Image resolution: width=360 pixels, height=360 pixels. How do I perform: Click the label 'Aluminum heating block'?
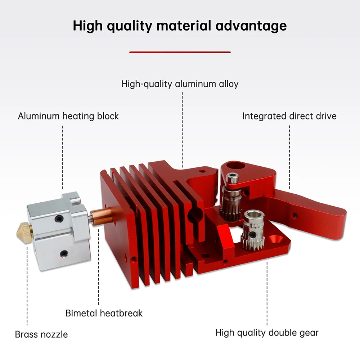pyautogui.click(x=68, y=116)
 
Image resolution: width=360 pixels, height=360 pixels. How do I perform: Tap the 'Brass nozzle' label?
pyautogui.click(x=41, y=334)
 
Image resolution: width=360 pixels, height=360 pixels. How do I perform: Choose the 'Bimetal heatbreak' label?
pyautogui.click(x=104, y=313)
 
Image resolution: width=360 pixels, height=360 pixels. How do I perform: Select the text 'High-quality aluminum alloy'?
pyautogui.click(x=180, y=84)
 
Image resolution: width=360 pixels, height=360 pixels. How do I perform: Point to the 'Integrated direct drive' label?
pyautogui.click(x=289, y=116)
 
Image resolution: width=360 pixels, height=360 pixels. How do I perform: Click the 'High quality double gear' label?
pyautogui.click(x=267, y=332)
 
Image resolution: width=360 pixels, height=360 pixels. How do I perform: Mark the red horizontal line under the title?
pyautogui.click(x=180, y=52)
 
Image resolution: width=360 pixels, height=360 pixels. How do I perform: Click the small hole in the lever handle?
pyautogui.click(x=295, y=216)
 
